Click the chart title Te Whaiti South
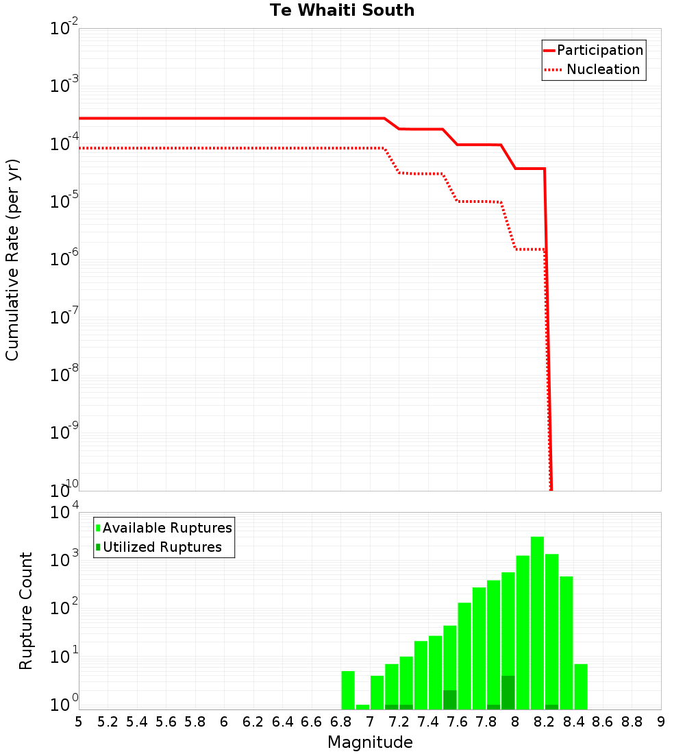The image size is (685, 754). [342, 10]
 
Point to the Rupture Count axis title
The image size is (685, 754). [26, 611]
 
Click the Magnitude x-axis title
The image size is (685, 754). [370, 742]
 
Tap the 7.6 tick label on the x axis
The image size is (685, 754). [457, 722]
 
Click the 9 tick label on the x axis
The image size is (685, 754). [661, 722]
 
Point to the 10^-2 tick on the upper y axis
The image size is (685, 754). [64, 29]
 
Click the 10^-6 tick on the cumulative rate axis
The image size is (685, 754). [64, 260]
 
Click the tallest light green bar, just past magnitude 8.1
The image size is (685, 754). [537, 617]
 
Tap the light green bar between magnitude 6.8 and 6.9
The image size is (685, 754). [348, 690]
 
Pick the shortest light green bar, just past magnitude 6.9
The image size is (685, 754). [362, 707]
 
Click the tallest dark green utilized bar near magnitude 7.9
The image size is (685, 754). [508, 692]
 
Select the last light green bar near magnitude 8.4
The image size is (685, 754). [581, 686]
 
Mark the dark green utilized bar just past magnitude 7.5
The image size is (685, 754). [450, 699]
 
